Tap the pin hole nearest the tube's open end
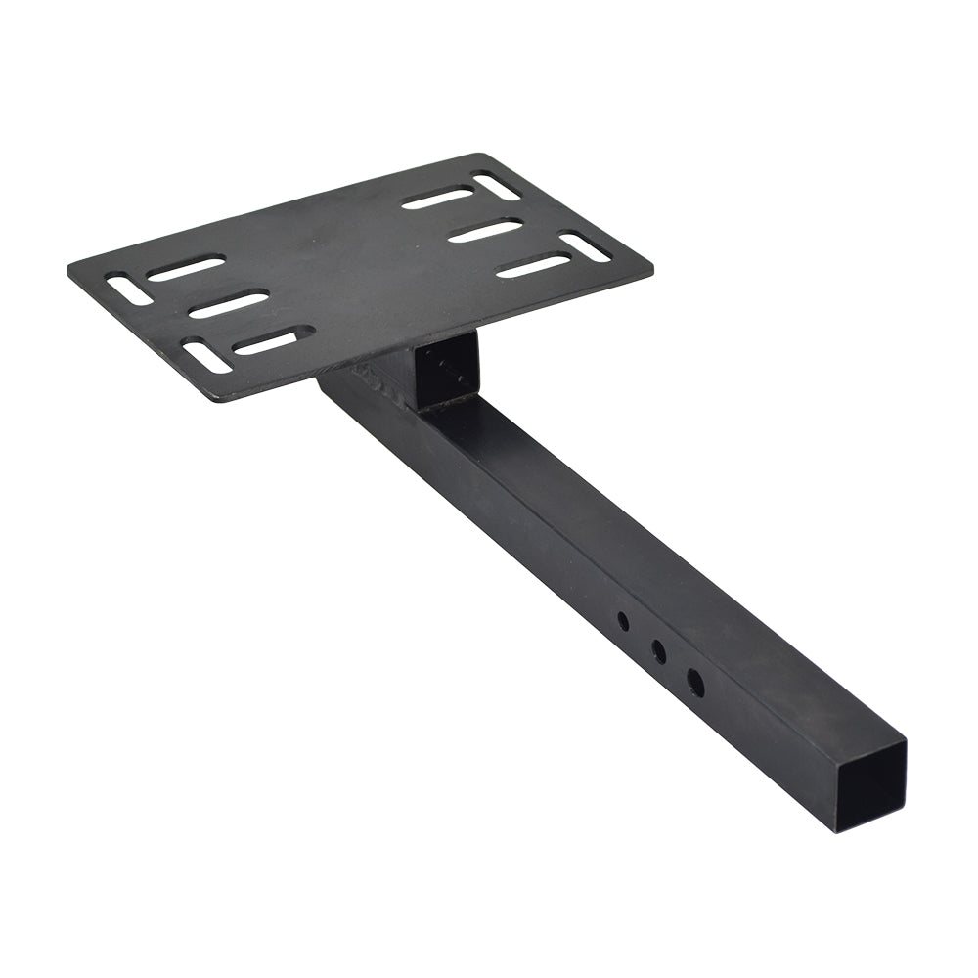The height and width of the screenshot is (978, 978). (x=694, y=683)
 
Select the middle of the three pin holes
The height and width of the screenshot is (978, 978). (x=659, y=651)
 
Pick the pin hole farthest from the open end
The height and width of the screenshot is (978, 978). (x=623, y=621)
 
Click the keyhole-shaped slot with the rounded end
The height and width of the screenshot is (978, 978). (x=272, y=340)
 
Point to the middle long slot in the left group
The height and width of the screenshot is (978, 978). (x=228, y=304)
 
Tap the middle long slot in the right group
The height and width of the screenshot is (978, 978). (x=485, y=231)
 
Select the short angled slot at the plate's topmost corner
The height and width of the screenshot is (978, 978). (x=497, y=186)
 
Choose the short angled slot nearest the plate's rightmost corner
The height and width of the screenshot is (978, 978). (x=585, y=245)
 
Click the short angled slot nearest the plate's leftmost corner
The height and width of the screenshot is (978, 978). (x=129, y=289)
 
